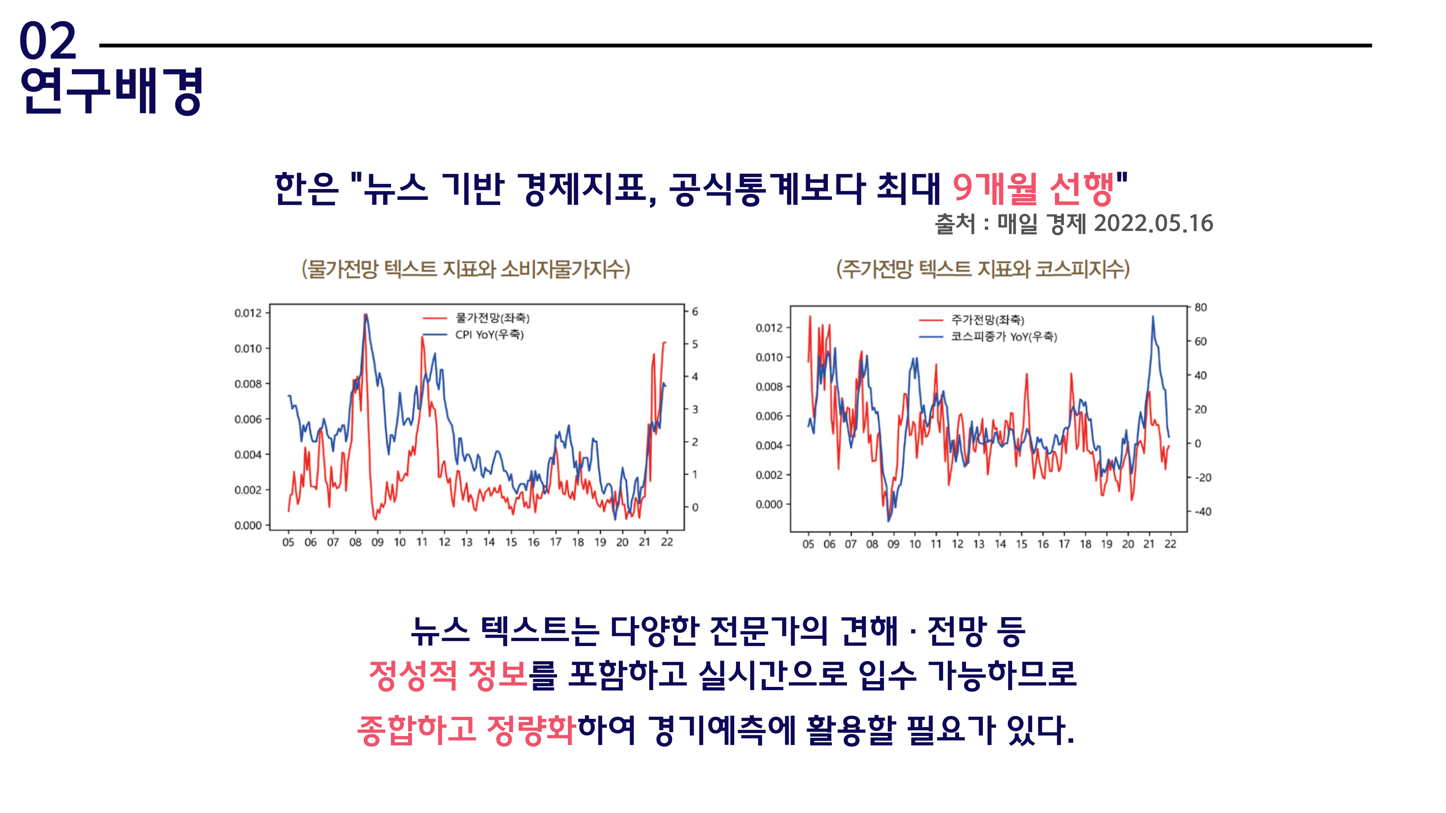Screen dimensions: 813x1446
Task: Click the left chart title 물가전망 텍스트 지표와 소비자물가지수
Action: [x=466, y=269]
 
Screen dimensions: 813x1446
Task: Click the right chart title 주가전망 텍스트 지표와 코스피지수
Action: [x=982, y=269]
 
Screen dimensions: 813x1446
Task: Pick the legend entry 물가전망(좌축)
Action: [x=492, y=318]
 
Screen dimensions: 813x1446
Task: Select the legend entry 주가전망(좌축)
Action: [x=987, y=320]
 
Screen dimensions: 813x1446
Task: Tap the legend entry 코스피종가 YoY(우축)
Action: [x=1003, y=337]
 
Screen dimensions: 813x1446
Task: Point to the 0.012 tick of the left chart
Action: [x=248, y=313]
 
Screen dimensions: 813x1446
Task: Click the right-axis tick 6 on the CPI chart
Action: [x=695, y=311]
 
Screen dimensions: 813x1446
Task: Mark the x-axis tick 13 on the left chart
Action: [x=466, y=542]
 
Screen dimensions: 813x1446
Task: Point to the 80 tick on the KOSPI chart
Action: [x=1200, y=307]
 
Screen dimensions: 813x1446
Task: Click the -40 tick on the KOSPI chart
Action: [x=1202, y=512]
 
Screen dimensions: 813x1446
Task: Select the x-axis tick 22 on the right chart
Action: [x=1171, y=544]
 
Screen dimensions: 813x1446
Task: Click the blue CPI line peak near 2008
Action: [x=366, y=316]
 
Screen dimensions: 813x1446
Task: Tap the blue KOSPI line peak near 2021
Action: [x=1153, y=317]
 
